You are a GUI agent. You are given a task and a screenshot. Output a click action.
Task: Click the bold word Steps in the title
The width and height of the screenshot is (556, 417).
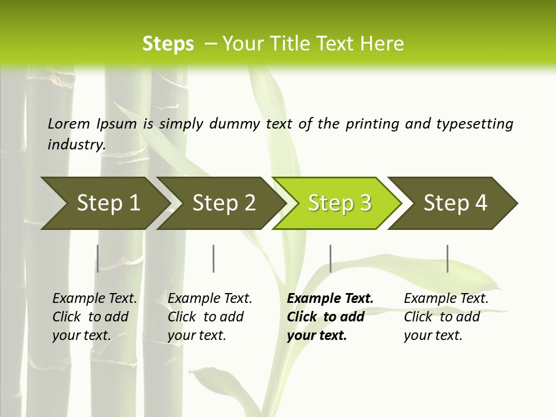coord(168,44)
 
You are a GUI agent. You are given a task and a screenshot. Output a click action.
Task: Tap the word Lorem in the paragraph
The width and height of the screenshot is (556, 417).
coord(69,123)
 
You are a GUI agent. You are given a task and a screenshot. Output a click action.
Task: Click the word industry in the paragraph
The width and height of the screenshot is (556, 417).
coord(76,144)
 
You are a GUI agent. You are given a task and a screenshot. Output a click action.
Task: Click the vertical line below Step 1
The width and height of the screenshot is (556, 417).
coord(98,258)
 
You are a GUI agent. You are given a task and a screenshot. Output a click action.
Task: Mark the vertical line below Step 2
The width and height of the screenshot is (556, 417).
coord(214,258)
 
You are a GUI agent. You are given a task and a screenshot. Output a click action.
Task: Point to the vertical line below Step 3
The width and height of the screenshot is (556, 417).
coord(330,258)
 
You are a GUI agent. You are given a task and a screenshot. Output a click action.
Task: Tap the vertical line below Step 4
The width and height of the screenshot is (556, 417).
coord(448,258)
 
